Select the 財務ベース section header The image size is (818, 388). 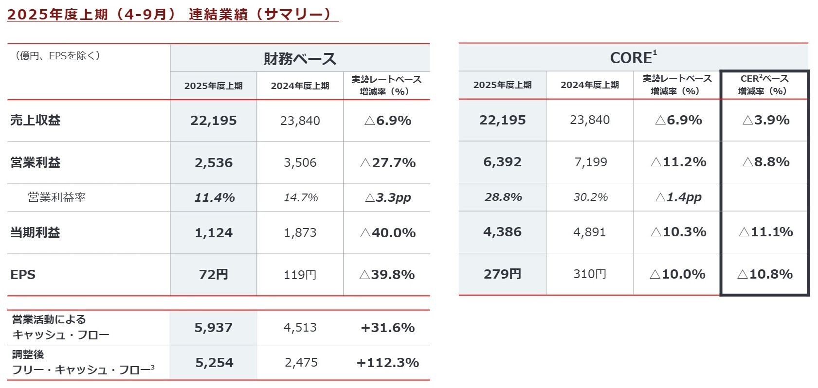[300, 59]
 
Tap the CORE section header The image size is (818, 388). [633, 57]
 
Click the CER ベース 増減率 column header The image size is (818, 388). [764, 85]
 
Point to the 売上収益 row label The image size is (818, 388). [35, 121]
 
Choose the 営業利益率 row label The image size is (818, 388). [57, 197]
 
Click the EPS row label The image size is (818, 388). [23, 275]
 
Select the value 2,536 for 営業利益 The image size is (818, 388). [213, 162]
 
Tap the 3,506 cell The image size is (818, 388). [300, 162]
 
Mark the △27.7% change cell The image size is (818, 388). [387, 162]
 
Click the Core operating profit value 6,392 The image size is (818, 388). [502, 162]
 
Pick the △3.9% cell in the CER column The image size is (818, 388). [765, 120]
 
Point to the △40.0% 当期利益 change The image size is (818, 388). [387, 233]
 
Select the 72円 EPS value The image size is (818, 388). [213, 275]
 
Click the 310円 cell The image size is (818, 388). [589, 274]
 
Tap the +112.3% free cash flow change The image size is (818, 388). [387, 363]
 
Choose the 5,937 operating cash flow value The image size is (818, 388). [213, 328]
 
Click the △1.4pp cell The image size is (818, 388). [678, 197]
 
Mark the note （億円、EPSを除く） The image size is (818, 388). [58, 55]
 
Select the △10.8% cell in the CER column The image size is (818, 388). [764, 274]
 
